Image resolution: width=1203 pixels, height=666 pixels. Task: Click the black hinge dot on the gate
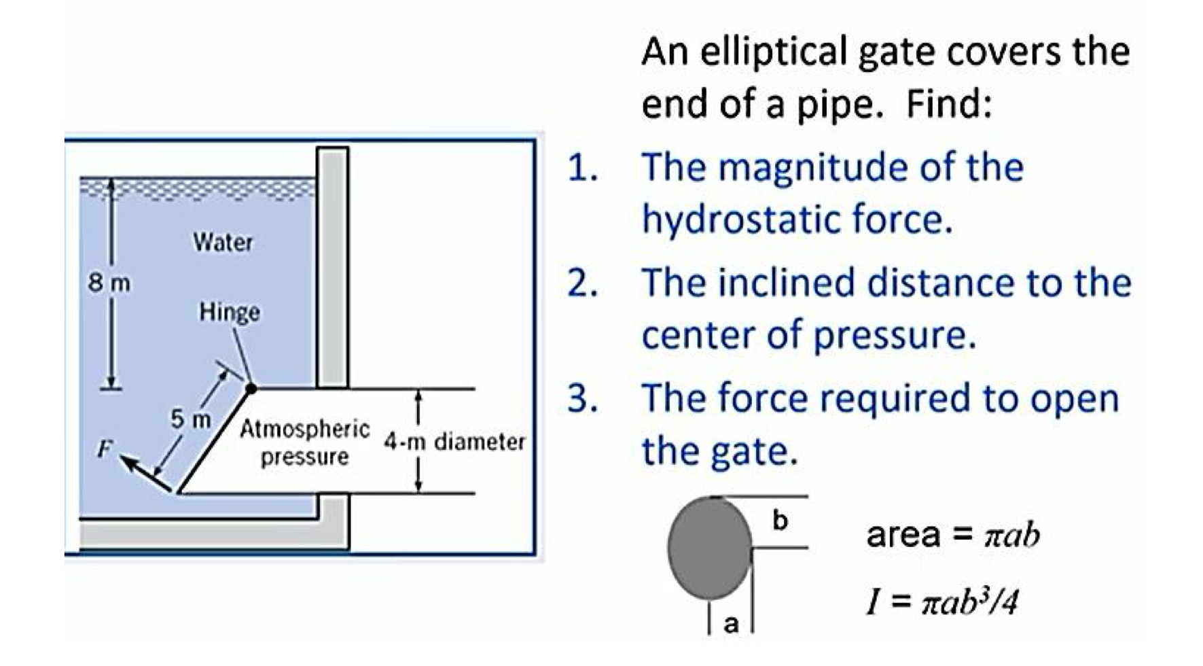tap(251, 389)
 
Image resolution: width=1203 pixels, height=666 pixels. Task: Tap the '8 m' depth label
tap(109, 283)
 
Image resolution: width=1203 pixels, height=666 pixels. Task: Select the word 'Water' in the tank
tap(223, 242)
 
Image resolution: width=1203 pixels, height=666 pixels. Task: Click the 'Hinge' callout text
tap(230, 312)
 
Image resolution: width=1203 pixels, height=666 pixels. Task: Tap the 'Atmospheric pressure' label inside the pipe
tap(305, 442)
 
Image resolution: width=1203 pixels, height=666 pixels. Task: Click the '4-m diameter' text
tap(454, 442)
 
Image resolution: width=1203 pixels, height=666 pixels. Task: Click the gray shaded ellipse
tap(710, 547)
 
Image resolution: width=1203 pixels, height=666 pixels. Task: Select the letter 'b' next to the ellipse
tap(780, 521)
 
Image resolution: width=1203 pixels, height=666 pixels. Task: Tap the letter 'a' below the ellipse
tap(731, 623)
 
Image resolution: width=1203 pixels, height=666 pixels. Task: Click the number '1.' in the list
tap(583, 168)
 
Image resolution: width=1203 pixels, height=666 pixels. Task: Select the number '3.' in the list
tap(583, 398)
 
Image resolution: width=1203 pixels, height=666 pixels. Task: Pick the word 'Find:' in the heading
tap(949, 104)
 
